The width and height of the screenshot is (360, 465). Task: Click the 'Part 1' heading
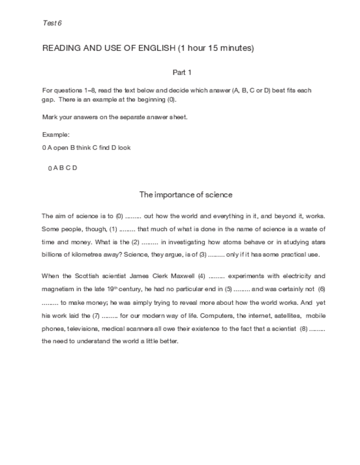pos(182,72)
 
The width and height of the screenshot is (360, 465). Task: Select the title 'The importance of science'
pos(185,194)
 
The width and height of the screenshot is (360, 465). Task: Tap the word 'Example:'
pos(56,135)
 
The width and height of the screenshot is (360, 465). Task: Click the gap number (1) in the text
pos(113,229)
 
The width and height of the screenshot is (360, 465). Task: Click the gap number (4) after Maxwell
pos(201,276)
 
